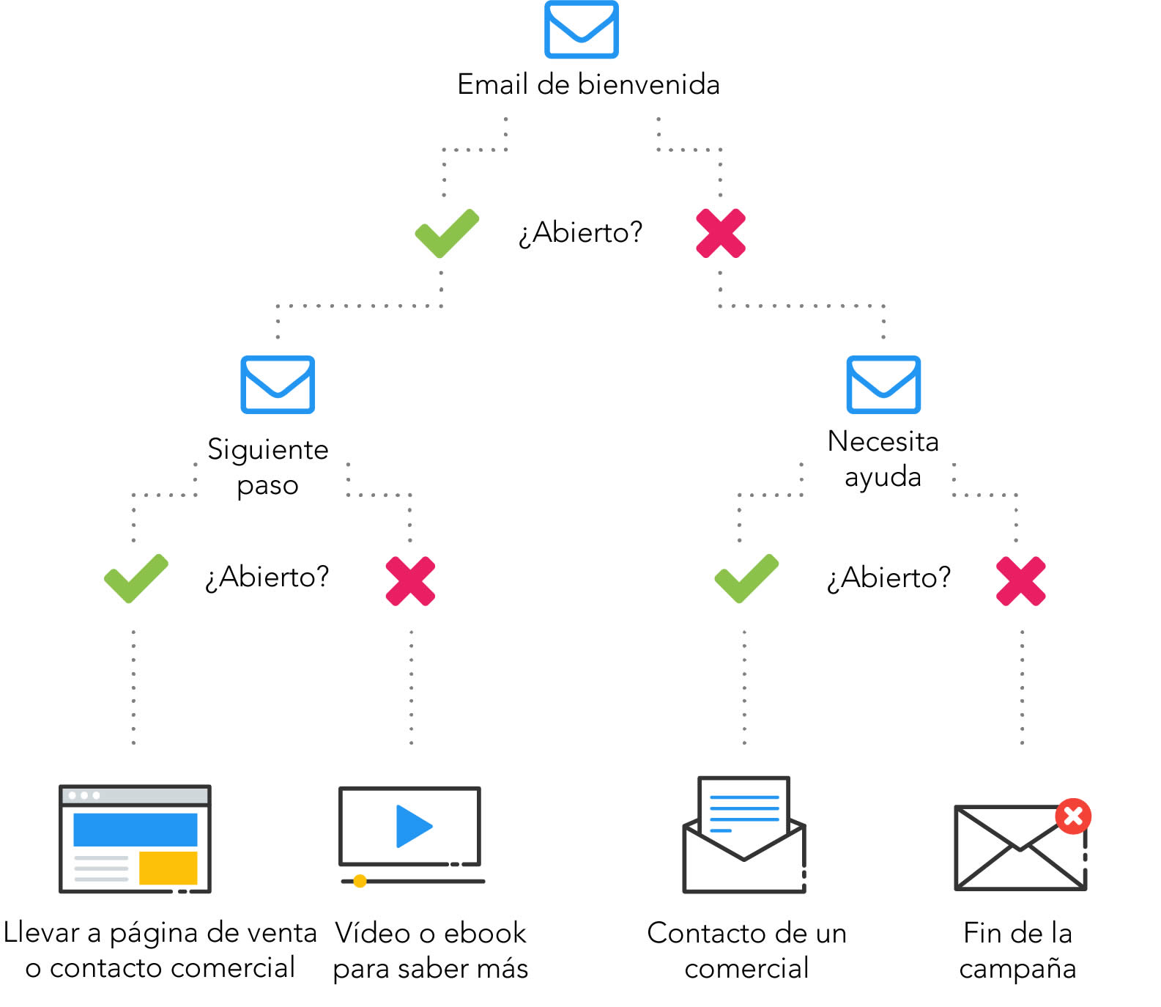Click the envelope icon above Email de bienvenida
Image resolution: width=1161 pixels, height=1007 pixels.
581,29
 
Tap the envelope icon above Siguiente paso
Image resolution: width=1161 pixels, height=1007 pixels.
278,385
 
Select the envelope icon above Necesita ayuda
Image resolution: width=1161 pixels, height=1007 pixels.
883,385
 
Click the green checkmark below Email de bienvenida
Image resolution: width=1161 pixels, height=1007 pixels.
446,234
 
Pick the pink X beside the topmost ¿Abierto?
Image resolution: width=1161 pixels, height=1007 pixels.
721,234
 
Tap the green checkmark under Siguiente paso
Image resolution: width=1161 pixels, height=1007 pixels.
136,579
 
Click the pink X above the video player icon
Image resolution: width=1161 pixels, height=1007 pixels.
410,581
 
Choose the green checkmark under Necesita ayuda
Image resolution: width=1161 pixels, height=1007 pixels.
746,579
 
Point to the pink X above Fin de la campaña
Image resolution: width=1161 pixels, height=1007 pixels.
1020,581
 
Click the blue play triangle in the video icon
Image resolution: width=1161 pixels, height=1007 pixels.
412,826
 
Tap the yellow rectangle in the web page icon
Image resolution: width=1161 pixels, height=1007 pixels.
168,868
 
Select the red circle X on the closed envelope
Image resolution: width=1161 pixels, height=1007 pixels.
1073,816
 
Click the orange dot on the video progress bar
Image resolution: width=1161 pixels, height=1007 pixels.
360,881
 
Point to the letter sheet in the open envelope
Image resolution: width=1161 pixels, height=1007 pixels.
743,810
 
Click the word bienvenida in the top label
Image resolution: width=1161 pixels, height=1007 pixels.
648,85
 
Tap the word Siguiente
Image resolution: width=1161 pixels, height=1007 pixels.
268,449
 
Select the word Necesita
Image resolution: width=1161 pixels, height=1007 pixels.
883,441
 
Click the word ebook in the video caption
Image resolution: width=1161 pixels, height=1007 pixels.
485,933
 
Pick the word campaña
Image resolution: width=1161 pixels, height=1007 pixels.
1017,969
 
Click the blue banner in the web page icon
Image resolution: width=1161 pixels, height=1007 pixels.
136,830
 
